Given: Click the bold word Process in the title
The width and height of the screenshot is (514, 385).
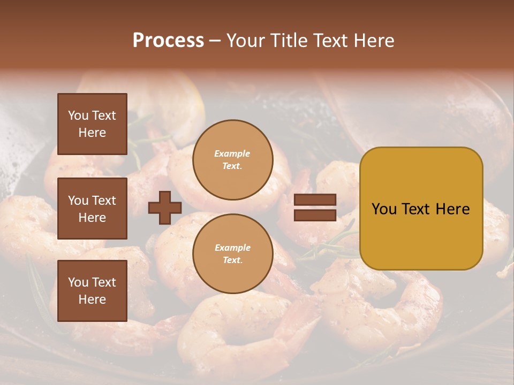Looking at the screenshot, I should [x=168, y=41].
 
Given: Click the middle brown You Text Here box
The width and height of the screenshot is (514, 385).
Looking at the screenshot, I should [x=92, y=209].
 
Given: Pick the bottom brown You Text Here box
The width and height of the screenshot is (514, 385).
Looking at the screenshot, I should [x=92, y=291].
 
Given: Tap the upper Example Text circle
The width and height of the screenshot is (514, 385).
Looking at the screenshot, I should [x=232, y=160].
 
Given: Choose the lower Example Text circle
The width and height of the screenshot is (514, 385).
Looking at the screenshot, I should [x=232, y=254].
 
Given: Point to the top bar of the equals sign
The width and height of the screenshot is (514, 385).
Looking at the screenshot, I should [x=315, y=200].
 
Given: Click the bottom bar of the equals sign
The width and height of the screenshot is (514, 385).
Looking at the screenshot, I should [x=315, y=215].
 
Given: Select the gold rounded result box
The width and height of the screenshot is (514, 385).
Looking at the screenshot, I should [x=421, y=235].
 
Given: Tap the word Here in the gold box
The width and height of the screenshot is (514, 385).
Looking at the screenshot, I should [x=453, y=209].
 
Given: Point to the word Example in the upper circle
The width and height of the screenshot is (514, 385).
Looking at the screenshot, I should [x=232, y=154].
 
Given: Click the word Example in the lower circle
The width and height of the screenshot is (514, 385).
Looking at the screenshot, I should [x=232, y=248].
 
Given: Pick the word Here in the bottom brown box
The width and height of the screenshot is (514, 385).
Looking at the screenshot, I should [x=92, y=299].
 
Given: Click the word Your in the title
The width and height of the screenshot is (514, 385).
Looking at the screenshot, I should [x=246, y=41].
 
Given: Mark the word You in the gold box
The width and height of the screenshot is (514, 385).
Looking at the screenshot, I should [x=384, y=209].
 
